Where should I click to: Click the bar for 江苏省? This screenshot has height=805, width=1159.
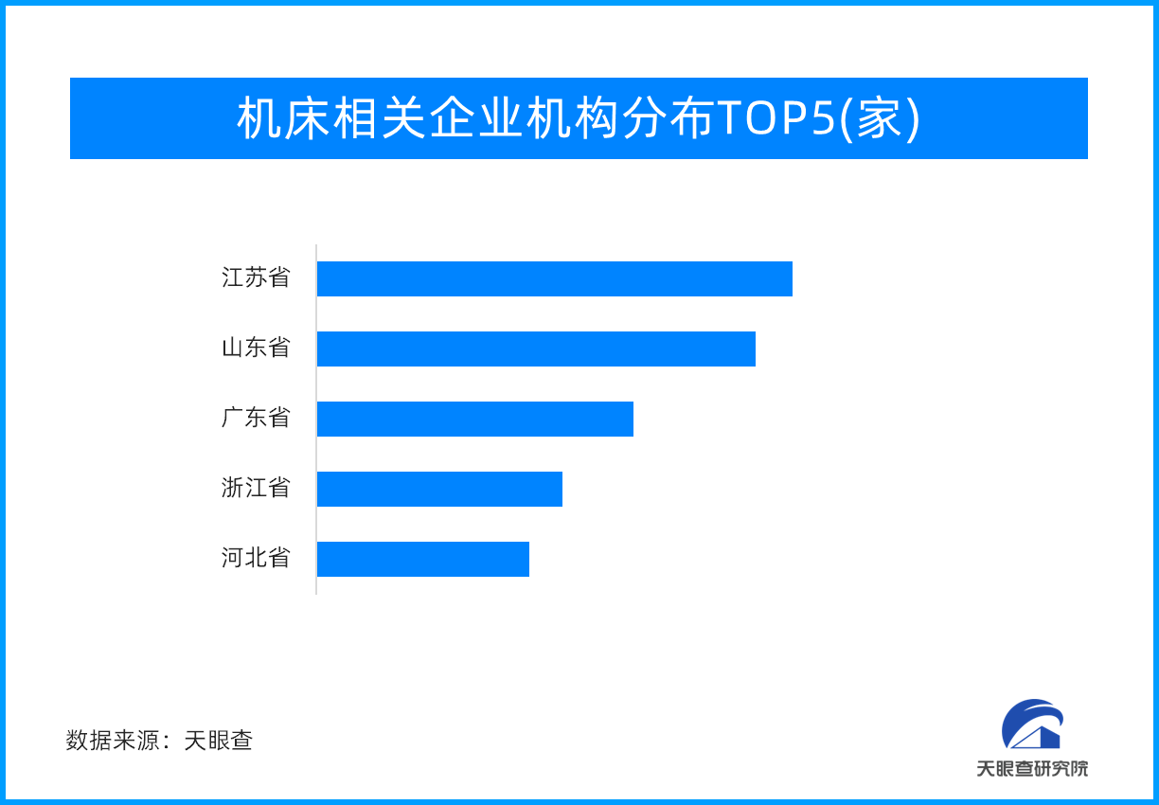click(554, 278)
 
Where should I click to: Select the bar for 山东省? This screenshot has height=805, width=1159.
click(536, 349)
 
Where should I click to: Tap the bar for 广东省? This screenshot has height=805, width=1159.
click(474, 419)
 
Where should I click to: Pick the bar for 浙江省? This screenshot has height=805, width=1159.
click(439, 489)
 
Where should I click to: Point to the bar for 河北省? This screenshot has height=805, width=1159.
click(422, 559)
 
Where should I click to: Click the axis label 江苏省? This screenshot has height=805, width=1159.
click(256, 278)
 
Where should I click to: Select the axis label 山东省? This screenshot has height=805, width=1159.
click(256, 349)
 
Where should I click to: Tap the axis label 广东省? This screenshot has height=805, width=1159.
click(256, 419)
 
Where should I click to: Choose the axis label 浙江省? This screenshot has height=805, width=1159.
click(256, 489)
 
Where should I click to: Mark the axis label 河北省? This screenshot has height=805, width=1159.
click(256, 559)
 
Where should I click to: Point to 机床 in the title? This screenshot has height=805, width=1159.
click(283, 119)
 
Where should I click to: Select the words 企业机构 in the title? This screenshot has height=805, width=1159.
click(525, 119)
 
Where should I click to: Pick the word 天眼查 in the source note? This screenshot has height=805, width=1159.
click(219, 741)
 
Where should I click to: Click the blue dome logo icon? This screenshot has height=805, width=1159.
click(1032, 724)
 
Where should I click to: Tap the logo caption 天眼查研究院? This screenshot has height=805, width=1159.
click(1032, 768)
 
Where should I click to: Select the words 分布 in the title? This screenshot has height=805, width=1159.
click(669, 119)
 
